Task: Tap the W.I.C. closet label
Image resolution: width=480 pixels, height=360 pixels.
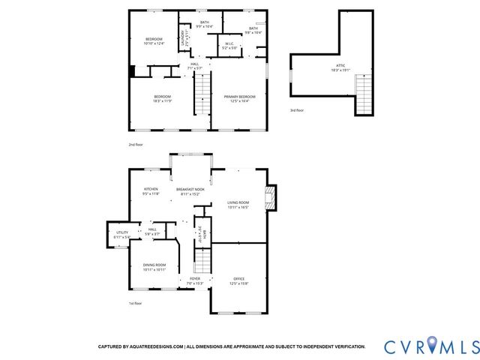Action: (230, 45)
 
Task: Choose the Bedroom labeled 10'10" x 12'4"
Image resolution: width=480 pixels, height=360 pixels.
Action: (154, 41)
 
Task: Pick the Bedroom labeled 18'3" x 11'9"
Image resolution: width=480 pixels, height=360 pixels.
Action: (163, 98)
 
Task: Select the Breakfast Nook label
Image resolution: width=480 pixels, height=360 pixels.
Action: (190, 191)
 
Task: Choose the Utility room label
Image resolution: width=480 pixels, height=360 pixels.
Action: (121, 235)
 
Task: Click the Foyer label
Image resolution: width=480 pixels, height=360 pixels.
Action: (195, 281)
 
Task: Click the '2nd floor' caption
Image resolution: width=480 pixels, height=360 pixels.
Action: (135, 143)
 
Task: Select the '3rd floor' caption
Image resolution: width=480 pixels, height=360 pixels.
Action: (297, 110)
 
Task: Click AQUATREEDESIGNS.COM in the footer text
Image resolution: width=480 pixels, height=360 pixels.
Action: (156, 346)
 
